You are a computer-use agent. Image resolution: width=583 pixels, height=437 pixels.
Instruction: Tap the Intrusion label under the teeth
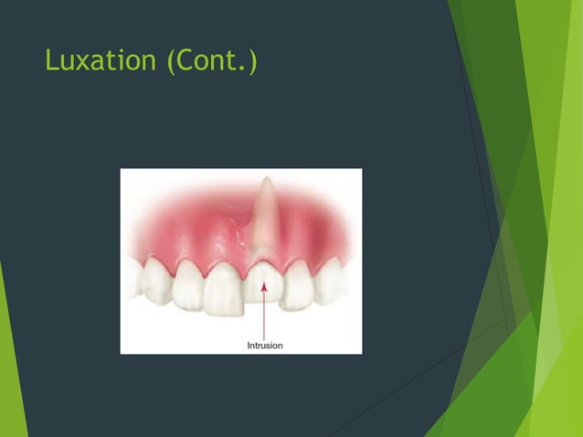tap(265, 345)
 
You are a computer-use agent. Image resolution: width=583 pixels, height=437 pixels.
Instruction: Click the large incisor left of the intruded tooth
tap(223, 288)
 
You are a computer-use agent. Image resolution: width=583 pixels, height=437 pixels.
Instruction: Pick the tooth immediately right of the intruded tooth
tap(296, 284)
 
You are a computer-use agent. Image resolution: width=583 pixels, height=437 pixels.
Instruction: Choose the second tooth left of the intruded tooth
tap(188, 281)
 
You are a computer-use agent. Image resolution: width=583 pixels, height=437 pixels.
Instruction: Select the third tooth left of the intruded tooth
tap(157, 279)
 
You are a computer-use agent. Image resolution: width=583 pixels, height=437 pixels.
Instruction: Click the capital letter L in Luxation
tap(50, 63)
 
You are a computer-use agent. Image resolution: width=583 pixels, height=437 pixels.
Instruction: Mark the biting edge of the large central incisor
tap(222, 311)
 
